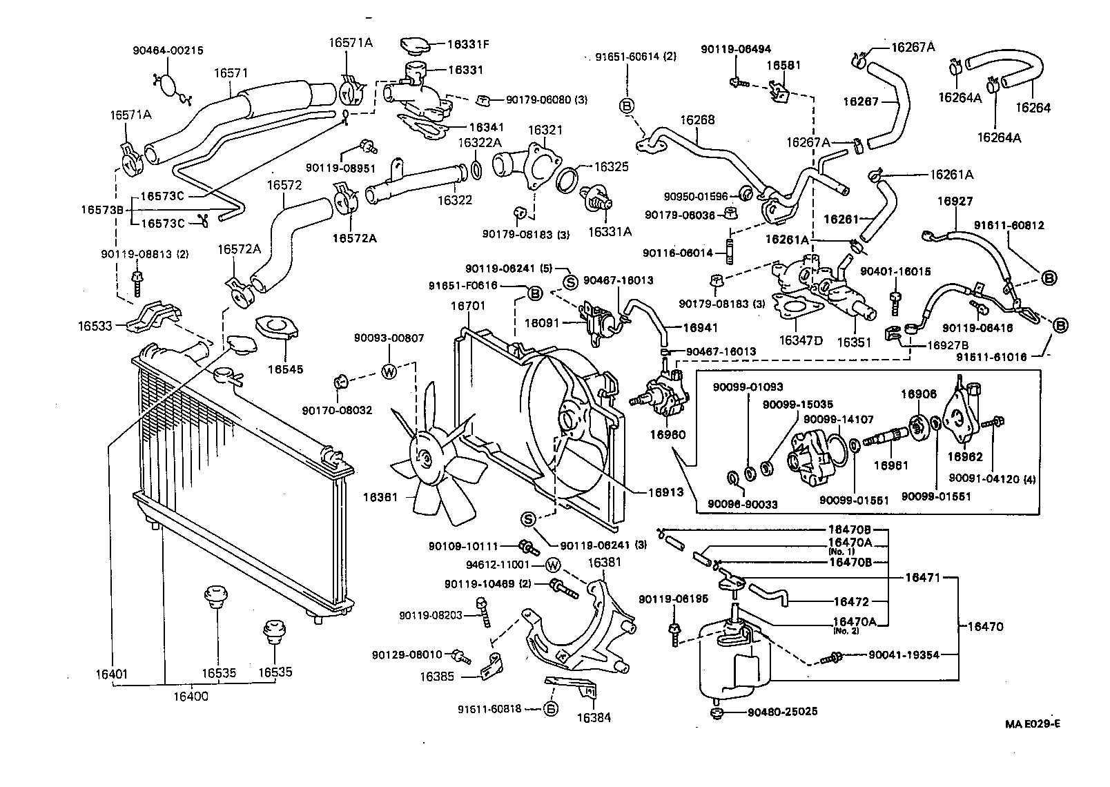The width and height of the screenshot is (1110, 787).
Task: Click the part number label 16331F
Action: point(467,44)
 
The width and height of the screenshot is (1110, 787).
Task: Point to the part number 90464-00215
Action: point(168,50)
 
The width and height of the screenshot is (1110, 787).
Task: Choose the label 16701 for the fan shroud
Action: point(468,305)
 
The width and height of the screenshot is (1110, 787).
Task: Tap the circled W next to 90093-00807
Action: point(389,371)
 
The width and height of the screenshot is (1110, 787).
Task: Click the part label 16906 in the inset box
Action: point(919,393)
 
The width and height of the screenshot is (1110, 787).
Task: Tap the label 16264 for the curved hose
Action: point(1033,107)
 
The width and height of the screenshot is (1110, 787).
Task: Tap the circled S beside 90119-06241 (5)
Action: point(571,281)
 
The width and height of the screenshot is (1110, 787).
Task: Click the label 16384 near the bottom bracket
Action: point(594,717)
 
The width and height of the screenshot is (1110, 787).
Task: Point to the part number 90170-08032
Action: point(337,410)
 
